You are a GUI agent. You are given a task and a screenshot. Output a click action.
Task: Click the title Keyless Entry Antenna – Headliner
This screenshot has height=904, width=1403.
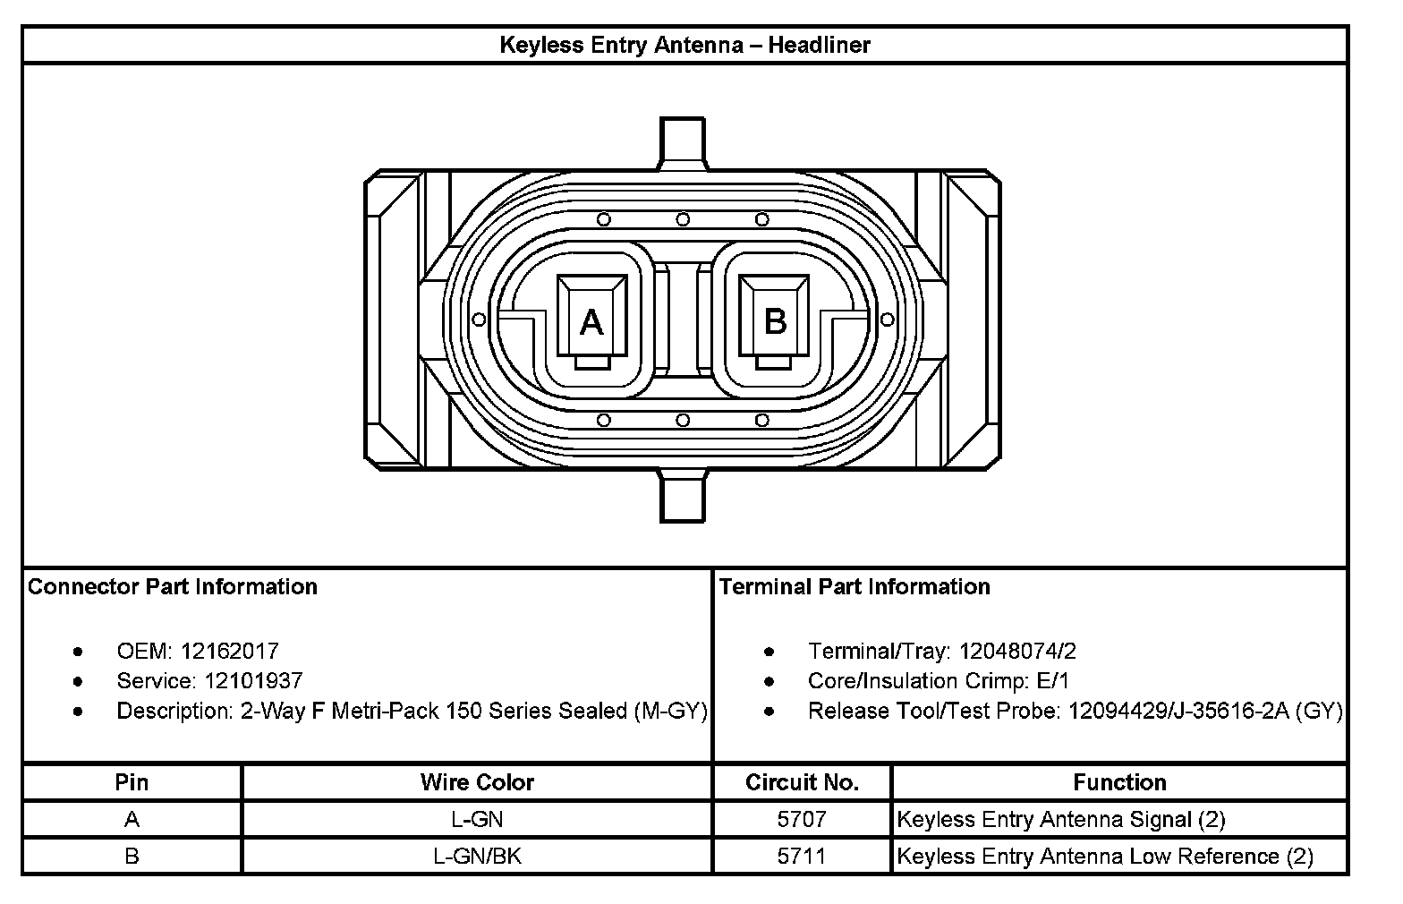684,45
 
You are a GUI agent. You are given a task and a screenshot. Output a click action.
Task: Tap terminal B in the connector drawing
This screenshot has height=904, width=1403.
774,321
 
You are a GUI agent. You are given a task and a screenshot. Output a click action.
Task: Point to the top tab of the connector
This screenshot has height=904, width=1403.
683,143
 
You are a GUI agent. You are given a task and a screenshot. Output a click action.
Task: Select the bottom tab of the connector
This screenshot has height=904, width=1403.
683,496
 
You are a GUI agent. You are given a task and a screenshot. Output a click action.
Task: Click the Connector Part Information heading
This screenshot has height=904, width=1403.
172,587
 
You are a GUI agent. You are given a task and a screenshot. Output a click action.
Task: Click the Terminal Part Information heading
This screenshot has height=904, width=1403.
855,587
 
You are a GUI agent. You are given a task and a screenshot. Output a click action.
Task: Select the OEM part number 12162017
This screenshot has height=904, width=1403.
229,652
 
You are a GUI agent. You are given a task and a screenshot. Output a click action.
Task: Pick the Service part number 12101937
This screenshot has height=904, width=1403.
254,681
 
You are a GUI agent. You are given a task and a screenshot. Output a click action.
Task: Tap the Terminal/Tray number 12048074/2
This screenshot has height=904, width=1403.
1017,652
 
